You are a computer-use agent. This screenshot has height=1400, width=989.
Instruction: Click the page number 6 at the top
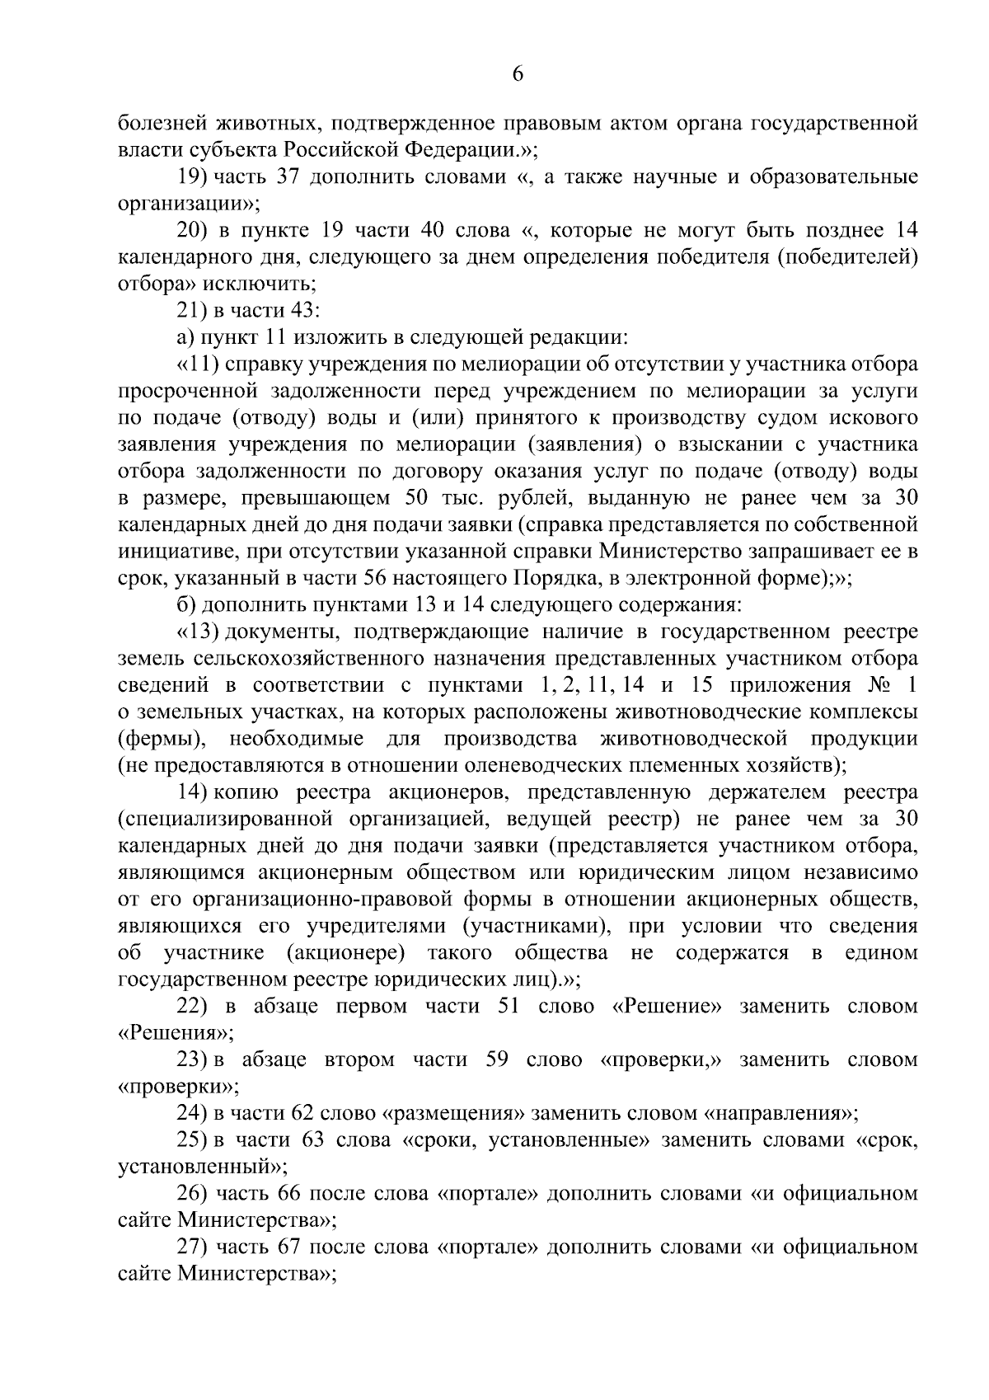point(518,74)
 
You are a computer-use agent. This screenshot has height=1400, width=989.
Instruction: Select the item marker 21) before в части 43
point(193,310)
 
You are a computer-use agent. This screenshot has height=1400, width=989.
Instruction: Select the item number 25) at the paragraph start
point(193,1140)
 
